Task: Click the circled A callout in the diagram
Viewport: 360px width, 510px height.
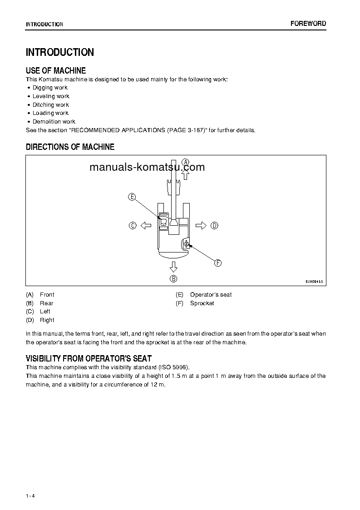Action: point(185,162)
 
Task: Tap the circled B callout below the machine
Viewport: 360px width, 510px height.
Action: point(173,279)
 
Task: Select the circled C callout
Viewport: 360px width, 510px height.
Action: point(133,225)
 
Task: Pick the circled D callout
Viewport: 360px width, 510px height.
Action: point(214,225)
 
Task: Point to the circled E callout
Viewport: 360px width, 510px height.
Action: point(132,197)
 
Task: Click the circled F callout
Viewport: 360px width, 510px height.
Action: point(217,263)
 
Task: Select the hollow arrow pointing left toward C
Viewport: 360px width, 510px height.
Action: point(145,225)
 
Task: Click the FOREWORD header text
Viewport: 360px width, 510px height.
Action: point(308,24)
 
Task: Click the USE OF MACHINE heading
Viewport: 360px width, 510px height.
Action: point(56,70)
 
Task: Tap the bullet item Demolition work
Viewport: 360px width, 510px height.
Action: point(54,122)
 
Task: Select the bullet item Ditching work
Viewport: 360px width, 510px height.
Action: point(50,105)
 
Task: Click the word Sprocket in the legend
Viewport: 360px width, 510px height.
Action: point(202,303)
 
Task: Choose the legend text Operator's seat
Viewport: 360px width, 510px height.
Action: point(211,295)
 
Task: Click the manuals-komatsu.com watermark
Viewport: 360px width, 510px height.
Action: point(147,167)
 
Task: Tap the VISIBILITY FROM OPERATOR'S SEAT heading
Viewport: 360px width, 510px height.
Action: point(89,358)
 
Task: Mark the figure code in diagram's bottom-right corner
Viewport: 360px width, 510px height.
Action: point(314,282)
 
